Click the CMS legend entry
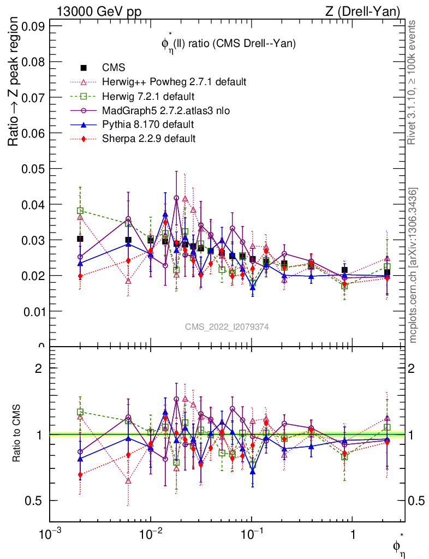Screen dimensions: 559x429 click(x=114, y=68)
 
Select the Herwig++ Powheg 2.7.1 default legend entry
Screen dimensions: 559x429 click(x=174, y=82)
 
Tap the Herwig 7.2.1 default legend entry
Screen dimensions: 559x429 click(x=148, y=97)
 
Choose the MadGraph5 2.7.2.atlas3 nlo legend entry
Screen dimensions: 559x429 click(x=166, y=111)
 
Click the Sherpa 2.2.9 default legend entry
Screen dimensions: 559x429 click(x=148, y=139)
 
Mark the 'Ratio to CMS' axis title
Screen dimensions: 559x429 click(x=17, y=435)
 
